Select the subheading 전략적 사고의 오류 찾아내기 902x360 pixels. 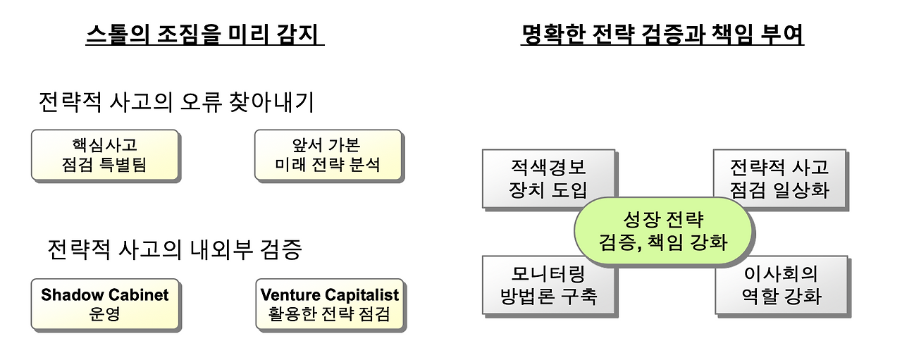click(x=175, y=103)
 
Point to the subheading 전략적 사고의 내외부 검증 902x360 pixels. click(x=175, y=249)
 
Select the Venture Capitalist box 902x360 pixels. click(x=329, y=304)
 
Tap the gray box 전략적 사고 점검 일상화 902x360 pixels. click(x=779, y=178)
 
